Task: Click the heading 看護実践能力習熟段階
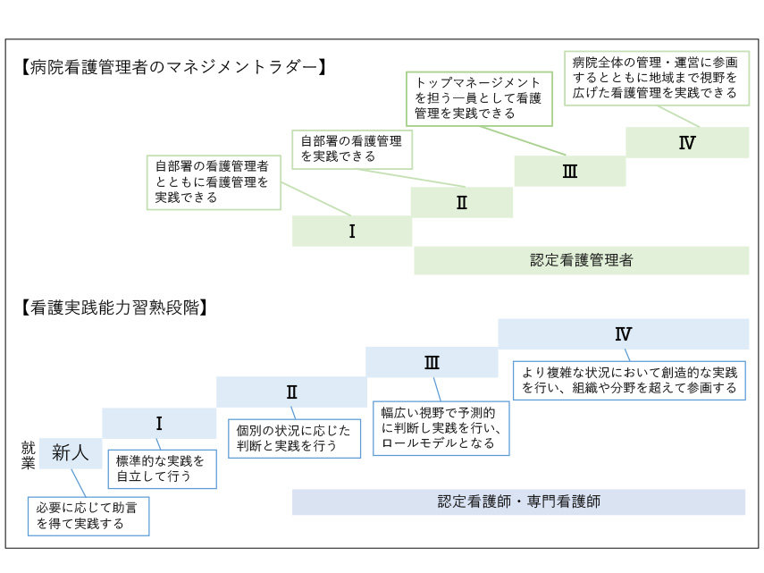[x=114, y=308]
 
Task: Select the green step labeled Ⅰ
[x=352, y=232]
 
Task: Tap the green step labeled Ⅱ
[x=462, y=203]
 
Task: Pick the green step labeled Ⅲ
[x=569, y=172]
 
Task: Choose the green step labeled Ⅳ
[x=687, y=142]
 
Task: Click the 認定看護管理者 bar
[x=581, y=261]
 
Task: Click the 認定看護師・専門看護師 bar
[x=518, y=501]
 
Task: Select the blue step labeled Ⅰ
[x=159, y=423]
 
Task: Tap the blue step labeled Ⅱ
[x=291, y=392]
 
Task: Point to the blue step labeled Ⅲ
[x=431, y=362]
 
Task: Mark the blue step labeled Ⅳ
[x=623, y=334]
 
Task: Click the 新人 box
[x=71, y=453]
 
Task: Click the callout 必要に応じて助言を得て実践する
[x=88, y=516]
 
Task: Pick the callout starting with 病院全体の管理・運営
[x=655, y=77]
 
